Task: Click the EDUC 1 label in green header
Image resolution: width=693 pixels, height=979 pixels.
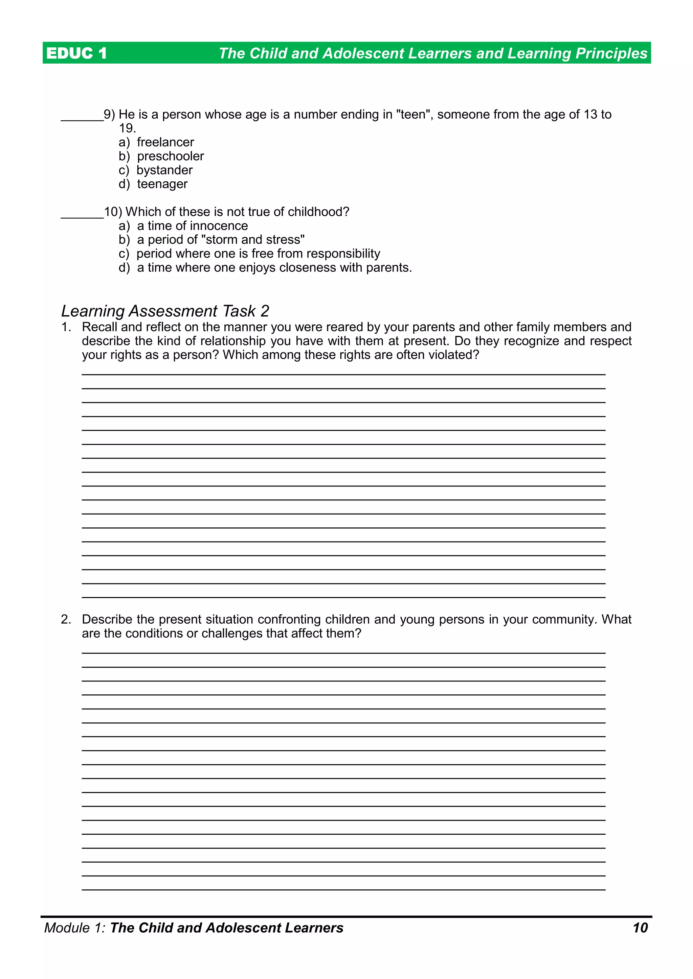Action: [x=76, y=53]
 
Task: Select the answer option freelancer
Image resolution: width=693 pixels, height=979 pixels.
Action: [x=165, y=142]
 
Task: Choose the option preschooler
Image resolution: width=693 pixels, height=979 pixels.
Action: [x=170, y=156]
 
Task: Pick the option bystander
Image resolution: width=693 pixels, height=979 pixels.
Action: [x=164, y=170]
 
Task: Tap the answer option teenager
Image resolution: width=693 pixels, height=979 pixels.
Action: [x=162, y=184]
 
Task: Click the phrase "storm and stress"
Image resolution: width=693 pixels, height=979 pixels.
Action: [x=253, y=240]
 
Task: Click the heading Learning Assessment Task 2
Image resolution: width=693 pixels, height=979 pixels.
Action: [x=165, y=311]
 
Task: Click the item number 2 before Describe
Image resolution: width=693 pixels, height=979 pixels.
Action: [x=65, y=619]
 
